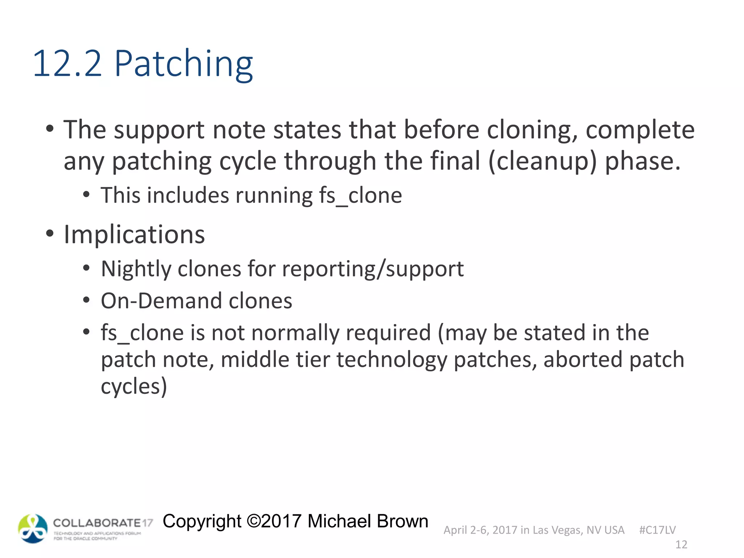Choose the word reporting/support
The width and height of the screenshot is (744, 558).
(x=373, y=270)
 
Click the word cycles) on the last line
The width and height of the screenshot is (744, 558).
(x=134, y=387)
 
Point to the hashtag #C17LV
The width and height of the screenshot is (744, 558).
(x=657, y=530)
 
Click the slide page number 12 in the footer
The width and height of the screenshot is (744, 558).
(x=681, y=545)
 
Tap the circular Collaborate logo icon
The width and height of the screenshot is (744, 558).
(x=33, y=529)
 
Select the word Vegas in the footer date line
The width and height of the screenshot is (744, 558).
(x=565, y=530)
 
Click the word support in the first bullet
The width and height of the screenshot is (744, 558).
(x=159, y=130)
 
